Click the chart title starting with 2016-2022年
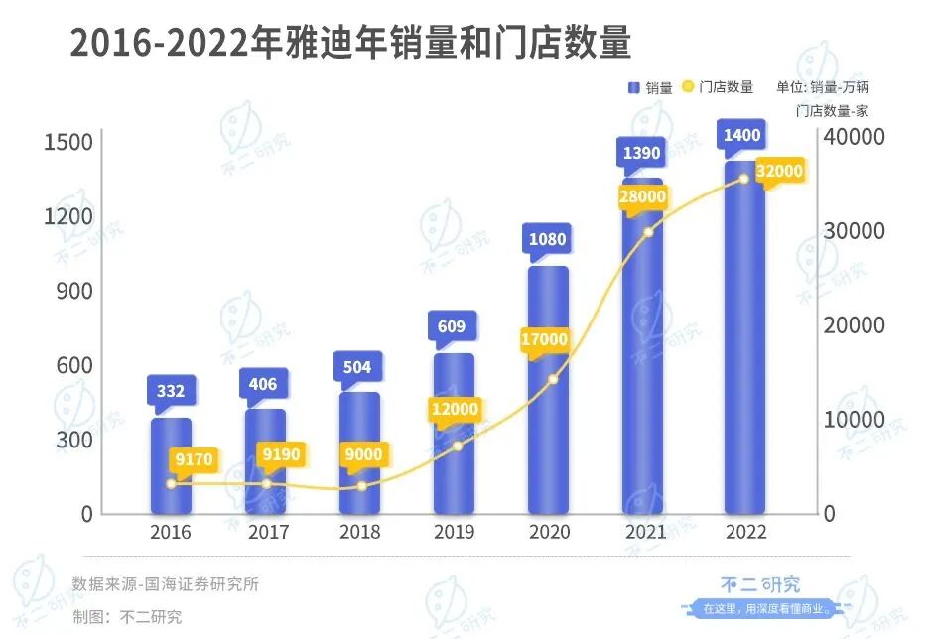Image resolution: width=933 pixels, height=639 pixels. pos(350,45)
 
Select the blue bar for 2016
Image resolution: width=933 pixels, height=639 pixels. pos(171,466)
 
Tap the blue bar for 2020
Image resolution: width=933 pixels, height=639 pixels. pos(548,397)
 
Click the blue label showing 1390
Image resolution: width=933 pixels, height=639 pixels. pos(643,153)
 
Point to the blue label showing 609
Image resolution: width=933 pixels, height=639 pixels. pos(453,325)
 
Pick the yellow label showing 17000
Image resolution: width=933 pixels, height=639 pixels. pos(544,340)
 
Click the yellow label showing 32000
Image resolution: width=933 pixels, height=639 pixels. pos(778,172)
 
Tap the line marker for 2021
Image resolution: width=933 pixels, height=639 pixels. pos(648,232)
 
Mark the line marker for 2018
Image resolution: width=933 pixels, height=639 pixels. pos(361,486)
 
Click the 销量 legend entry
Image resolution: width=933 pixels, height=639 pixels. pos(650,88)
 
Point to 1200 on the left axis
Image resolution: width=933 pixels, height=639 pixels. pos(67,216)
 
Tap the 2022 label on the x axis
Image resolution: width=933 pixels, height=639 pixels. pos(745,533)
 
